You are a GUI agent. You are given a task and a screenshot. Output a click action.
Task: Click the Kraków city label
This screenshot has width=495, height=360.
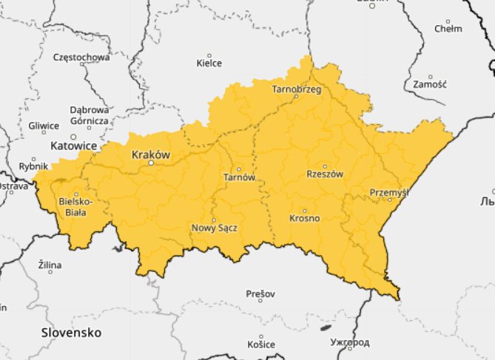pos(150,154)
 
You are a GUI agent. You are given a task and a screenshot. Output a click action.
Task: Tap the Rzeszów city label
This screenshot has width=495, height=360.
pos(325,174)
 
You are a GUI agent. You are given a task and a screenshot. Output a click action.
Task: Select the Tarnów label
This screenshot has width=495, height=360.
pos(239,177)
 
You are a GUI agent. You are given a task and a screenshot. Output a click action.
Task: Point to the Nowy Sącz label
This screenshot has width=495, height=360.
pos(214,228)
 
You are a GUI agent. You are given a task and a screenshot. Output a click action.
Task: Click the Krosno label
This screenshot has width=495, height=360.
pos(304,219)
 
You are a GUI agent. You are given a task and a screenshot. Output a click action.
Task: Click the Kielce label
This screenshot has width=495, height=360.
pos(209,63)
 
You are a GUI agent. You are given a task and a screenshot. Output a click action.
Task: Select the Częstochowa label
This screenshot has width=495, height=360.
pos(81,56)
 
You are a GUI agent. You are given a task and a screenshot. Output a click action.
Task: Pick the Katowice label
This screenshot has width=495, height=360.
pos(73,146)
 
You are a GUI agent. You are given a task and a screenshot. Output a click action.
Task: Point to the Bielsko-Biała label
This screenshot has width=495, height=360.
pos(75,206)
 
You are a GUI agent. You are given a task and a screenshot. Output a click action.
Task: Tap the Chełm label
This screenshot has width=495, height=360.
pos(448,29)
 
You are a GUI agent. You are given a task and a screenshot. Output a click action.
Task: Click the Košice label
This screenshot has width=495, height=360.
pos(261,344)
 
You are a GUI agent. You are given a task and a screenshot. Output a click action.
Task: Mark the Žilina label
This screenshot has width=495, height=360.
pos(50,265)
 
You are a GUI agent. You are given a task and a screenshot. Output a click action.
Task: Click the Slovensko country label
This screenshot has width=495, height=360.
pos(71,332)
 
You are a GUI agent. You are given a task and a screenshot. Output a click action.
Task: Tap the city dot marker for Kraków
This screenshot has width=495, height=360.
pos(150,163)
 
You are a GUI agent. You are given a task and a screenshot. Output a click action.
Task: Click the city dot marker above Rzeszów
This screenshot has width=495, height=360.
pos(324,166)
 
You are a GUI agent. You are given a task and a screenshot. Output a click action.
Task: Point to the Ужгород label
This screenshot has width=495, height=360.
pos(350,344)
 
